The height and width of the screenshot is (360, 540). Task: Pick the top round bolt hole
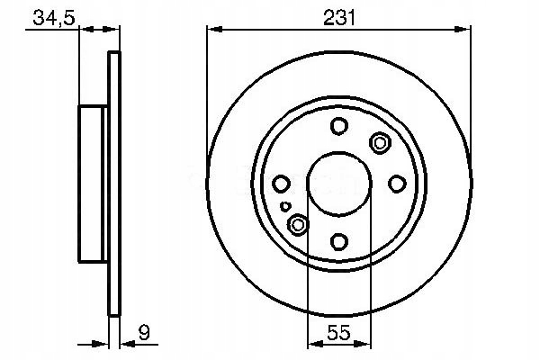tap(338, 127)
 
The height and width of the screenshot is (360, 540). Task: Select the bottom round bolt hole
tap(338, 241)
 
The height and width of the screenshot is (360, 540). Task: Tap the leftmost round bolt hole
tap(281, 184)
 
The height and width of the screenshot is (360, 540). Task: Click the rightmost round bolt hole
tap(396, 184)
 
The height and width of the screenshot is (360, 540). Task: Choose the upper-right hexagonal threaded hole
tap(379, 142)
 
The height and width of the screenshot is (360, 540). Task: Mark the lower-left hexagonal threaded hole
tap(298, 225)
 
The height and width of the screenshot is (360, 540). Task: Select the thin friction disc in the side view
tap(114, 184)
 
